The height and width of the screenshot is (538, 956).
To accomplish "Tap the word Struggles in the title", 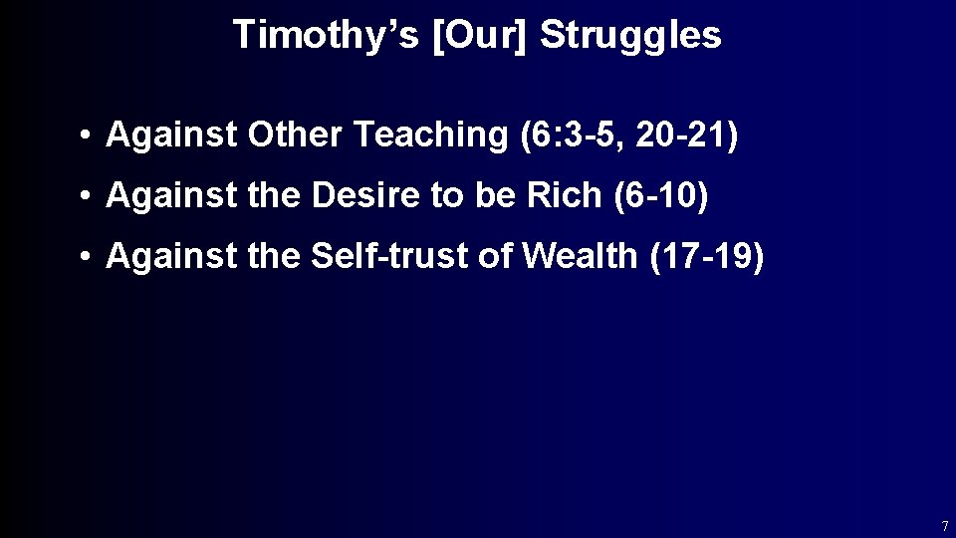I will (x=631, y=36).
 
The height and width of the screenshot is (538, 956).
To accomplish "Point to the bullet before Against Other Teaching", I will (x=89, y=136).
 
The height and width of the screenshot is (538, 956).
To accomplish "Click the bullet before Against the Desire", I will (x=89, y=197).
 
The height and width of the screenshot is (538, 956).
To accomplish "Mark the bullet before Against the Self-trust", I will (x=89, y=257).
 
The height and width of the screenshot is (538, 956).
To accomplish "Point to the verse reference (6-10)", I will (x=655, y=196).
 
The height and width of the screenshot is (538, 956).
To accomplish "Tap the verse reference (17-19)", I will (x=706, y=256).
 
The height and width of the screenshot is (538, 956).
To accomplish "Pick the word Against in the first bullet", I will (x=171, y=135).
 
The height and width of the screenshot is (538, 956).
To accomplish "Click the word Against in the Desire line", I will (x=171, y=196).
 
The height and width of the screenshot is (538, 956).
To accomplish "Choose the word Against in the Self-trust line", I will (x=171, y=256).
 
